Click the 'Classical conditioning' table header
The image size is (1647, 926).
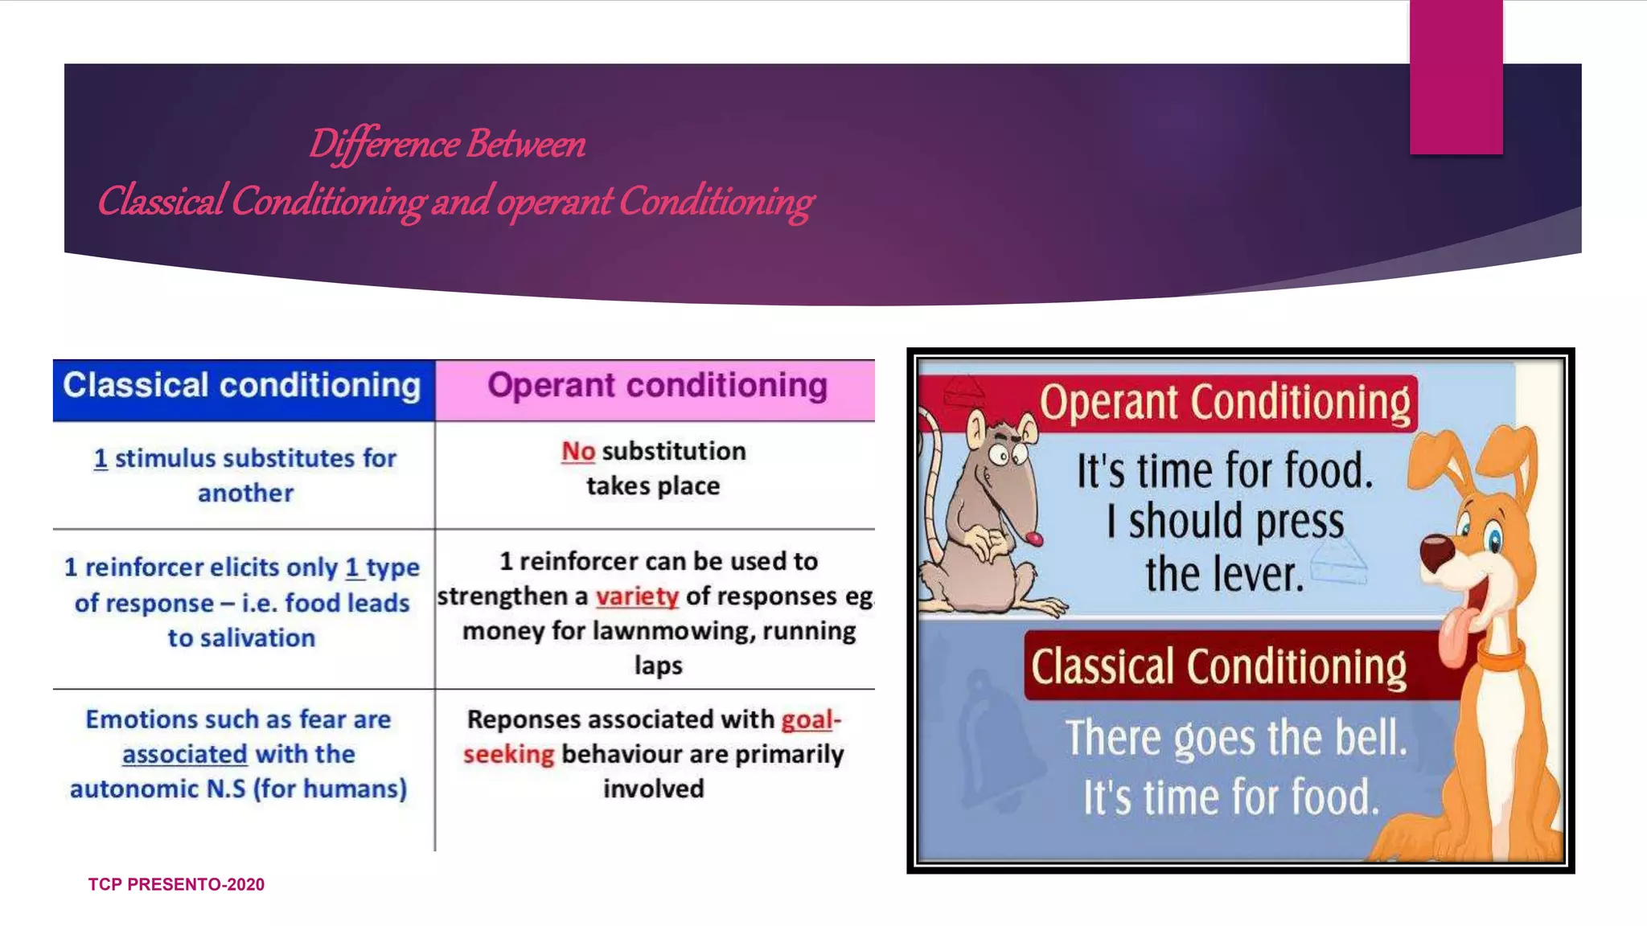tap(242, 387)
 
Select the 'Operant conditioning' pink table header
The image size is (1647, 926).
tap(657, 387)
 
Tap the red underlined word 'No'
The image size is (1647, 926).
tap(577, 452)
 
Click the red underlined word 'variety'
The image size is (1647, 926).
tap(637, 596)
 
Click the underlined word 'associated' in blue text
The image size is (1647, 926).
tap(184, 754)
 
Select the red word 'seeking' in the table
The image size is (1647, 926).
tap(508, 754)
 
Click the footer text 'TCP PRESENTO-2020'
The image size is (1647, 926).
tap(176, 884)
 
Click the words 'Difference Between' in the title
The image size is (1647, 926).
tap(447, 145)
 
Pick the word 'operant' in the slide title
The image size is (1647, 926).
tap(554, 201)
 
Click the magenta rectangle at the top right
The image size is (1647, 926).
tap(1456, 76)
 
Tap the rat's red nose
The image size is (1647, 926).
tap(1034, 538)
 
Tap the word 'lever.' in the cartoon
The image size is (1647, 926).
tap(1262, 576)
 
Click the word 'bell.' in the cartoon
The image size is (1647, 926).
tap(1370, 739)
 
